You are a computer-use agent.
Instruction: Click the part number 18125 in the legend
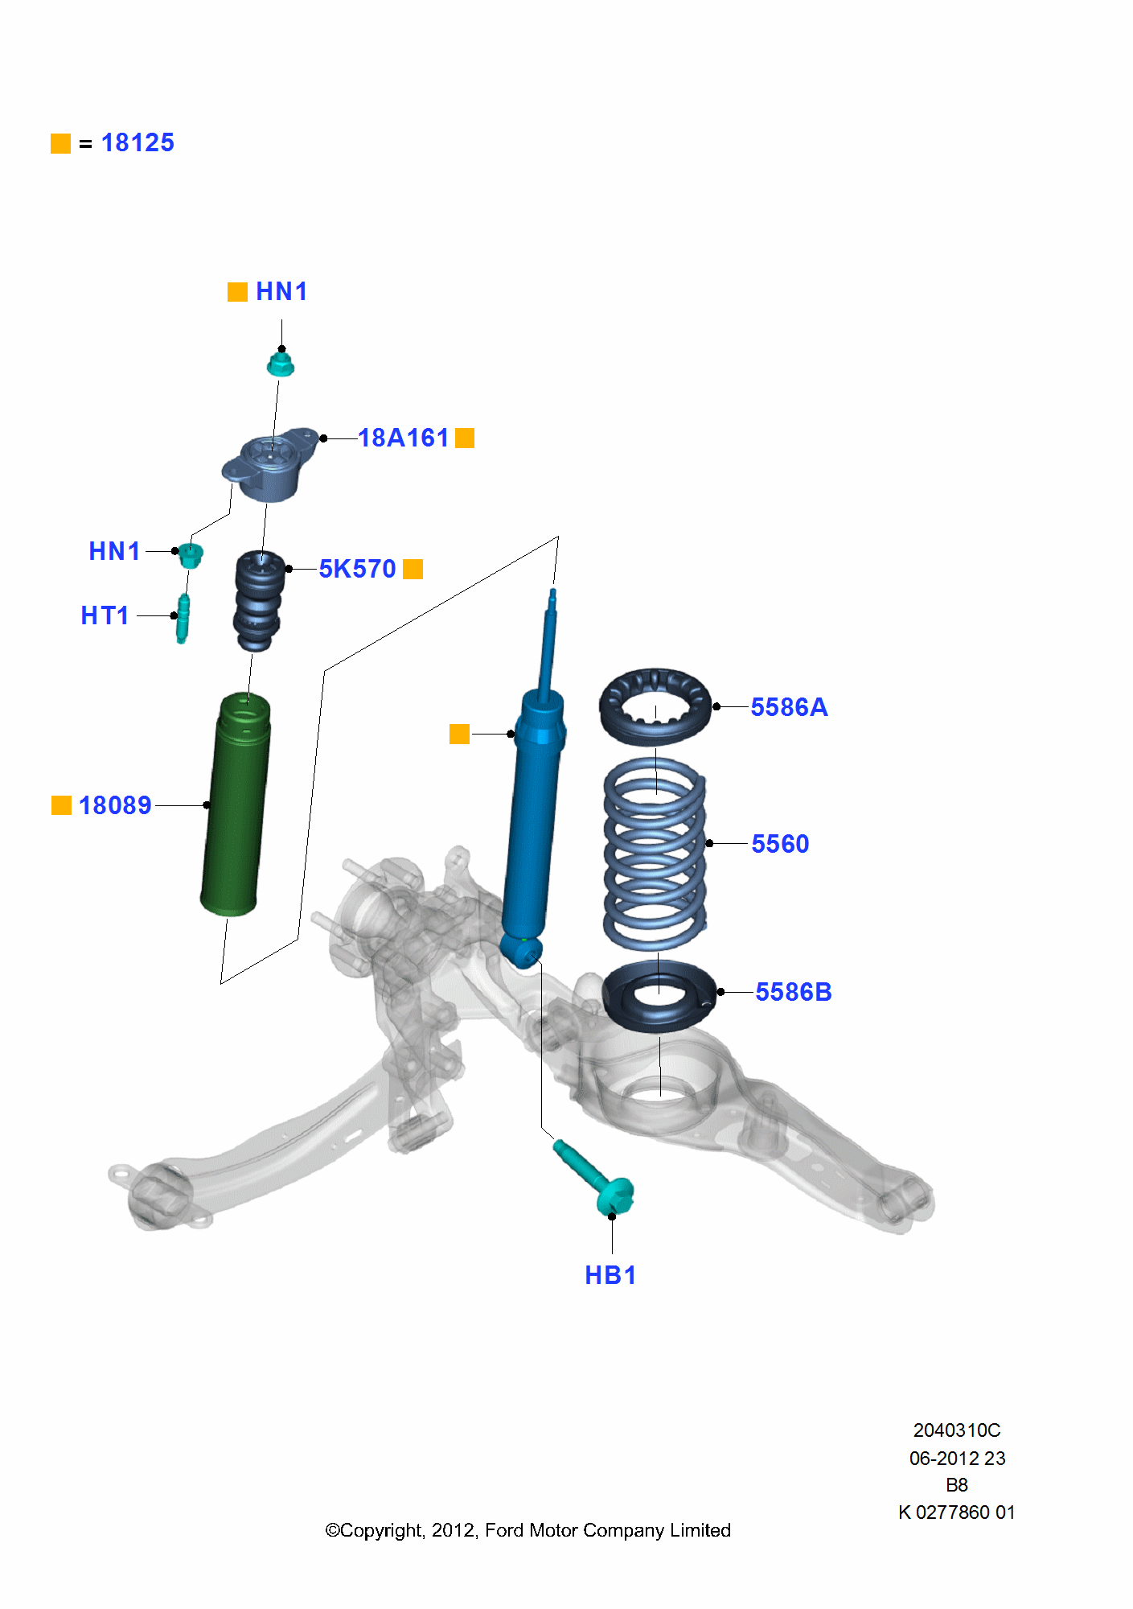[138, 143]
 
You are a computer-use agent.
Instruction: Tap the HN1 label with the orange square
[281, 291]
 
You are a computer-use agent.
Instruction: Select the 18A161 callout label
[403, 438]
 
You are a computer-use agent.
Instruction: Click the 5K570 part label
[357, 569]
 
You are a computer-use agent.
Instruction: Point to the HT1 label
[105, 615]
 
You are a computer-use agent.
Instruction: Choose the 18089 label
[115, 805]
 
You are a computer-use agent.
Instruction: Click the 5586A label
[789, 707]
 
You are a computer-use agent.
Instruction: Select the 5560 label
[780, 844]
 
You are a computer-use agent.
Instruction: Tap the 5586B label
[793, 992]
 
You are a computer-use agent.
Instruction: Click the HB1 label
[610, 1275]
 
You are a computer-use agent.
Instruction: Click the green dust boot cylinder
[236, 804]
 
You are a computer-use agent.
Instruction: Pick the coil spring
[655, 853]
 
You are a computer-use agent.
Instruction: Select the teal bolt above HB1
[595, 1178]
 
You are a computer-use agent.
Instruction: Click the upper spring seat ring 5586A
[655, 706]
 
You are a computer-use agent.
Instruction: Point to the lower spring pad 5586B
[659, 995]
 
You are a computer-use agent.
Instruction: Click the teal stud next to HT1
[183, 618]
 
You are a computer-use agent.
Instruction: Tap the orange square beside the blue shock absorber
[459, 734]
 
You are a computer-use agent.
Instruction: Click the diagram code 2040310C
[956, 1430]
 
